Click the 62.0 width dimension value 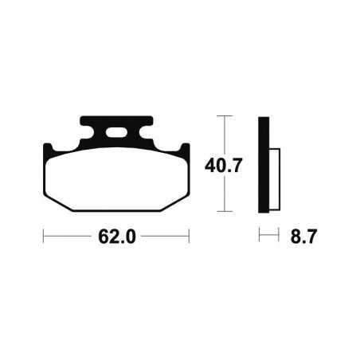(116, 236)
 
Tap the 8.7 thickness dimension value (299, 236)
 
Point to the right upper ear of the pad (186, 148)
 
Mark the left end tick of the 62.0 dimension (44, 236)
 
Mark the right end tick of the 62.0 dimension (189, 236)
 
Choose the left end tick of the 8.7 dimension (259, 236)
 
